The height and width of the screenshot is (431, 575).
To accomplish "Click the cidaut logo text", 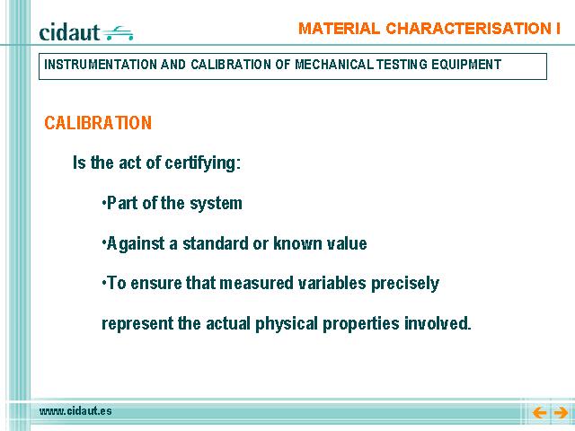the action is point(69,32).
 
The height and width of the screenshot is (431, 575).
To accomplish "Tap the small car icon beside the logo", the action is point(118,33).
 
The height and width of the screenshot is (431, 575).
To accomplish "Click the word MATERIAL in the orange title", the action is point(339,29).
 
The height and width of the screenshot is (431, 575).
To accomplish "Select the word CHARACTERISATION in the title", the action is point(465,29).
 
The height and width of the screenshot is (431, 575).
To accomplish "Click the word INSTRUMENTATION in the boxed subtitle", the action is point(101,65).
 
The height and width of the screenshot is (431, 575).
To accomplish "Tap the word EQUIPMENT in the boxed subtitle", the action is point(466,65).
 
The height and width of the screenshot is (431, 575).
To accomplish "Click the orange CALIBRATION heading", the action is point(98,123).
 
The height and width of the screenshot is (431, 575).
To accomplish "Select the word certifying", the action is point(202,163).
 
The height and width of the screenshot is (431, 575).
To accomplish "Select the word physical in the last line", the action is point(287,324).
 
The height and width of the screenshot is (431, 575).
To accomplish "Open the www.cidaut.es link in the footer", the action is point(75,411).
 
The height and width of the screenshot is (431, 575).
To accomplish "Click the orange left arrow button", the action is point(539,413).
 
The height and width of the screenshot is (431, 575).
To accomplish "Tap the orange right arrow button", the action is point(561,413).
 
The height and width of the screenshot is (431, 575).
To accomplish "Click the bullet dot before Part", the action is point(104,202).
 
